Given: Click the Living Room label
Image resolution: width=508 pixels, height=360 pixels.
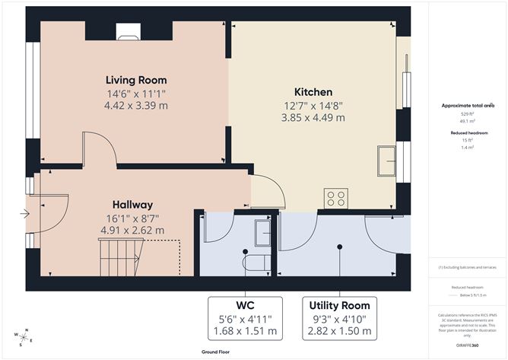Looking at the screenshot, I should (136, 80).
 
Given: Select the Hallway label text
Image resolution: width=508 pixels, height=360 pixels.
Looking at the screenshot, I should (133, 204).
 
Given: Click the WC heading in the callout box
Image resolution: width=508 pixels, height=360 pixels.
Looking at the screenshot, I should (245, 304).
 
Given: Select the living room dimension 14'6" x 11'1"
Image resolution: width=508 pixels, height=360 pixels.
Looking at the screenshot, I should (136, 94).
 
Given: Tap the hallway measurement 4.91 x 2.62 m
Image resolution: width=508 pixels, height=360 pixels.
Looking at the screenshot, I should (133, 229).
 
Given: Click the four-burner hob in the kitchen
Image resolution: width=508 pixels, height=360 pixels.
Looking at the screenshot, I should (335, 198).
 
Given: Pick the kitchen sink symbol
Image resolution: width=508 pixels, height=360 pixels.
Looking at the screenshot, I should (386, 162).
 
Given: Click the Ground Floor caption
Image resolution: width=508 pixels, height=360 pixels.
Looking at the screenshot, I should (217, 352).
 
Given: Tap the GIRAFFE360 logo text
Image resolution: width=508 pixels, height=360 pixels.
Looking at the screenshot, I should (467, 345).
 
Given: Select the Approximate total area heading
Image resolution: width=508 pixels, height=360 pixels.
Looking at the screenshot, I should (467, 106).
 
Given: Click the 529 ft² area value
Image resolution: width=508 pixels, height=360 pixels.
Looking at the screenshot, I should (467, 114).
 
